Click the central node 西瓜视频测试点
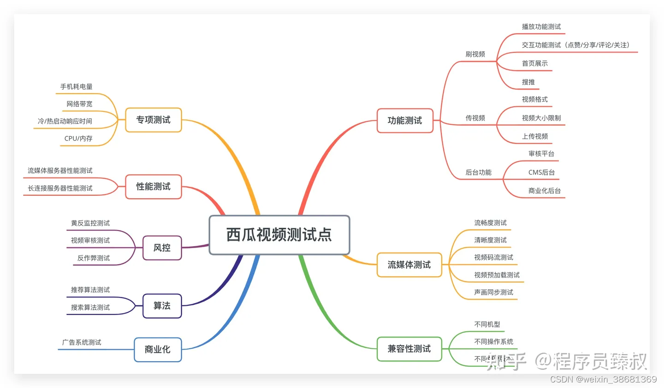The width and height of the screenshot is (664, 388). [279, 235]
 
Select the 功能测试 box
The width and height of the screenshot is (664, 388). [405, 121]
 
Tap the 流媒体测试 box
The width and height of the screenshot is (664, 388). [409, 265]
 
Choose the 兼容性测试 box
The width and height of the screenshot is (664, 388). [409, 349]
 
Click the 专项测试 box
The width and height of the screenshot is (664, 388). [154, 120]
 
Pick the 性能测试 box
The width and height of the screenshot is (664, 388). [154, 187]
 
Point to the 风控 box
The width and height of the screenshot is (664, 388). [162, 248]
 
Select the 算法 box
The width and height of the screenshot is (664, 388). [162, 306]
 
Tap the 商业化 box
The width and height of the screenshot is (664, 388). [158, 350]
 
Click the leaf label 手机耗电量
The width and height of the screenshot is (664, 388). [77, 86]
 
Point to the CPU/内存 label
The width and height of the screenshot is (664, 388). [78, 138]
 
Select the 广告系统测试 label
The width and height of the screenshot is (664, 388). [82, 342]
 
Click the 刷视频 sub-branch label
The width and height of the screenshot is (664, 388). [475, 54]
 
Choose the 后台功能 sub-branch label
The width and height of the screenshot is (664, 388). [478, 172]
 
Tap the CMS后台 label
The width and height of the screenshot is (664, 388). [541, 172]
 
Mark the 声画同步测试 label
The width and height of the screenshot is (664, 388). [493, 292]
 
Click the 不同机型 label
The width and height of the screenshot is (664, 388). [487, 324]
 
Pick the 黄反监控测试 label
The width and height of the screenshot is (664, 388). [90, 223]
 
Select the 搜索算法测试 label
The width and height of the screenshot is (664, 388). [90, 307]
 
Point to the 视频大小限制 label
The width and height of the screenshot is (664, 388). [541, 118]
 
